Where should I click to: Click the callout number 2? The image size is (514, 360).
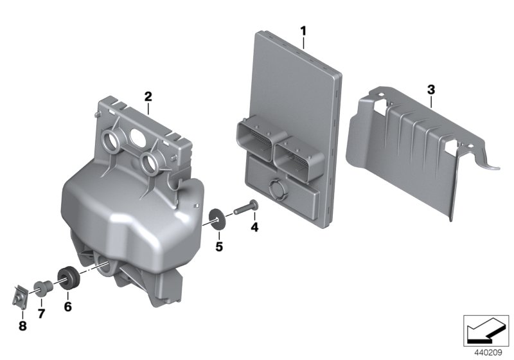pyautogui.click(x=148, y=97)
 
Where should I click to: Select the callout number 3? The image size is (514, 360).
pyautogui.click(x=431, y=88)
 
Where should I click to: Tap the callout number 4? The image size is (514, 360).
pyautogui.click(x=254, y=227)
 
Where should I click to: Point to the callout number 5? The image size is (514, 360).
pyautogui.click(x=218, y=246)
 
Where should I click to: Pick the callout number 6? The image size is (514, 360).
pyautogui.click(x=67, y=307)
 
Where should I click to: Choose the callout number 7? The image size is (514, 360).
pyautogui.click(x=42, y=313)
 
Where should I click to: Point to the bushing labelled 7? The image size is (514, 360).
pyautogui.click(x=42, y=286)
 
